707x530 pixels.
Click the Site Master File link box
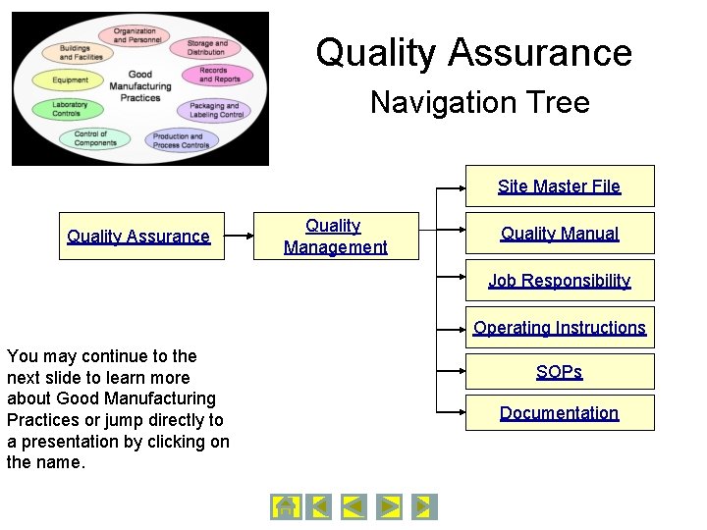(559, 185)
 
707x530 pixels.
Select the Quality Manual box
(559, 234)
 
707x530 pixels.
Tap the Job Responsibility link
(559, 281)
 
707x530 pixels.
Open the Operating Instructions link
(559, 328)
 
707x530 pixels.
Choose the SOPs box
(559, 372)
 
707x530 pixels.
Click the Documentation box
(559, 413)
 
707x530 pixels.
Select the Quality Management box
(336, 237)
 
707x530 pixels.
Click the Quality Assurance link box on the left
(139, 237)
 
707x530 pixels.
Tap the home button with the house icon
(285, 506)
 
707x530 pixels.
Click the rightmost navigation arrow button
(424, 506)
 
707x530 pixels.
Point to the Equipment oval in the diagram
(71, 80)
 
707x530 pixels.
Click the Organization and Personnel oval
(135, 36)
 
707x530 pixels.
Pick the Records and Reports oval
(213, 75)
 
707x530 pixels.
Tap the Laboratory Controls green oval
(69, 109)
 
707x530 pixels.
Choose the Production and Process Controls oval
(181, 140)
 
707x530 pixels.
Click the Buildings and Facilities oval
(81, 52)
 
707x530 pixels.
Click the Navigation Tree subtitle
(479, 102)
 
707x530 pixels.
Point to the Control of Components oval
(95, 138)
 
